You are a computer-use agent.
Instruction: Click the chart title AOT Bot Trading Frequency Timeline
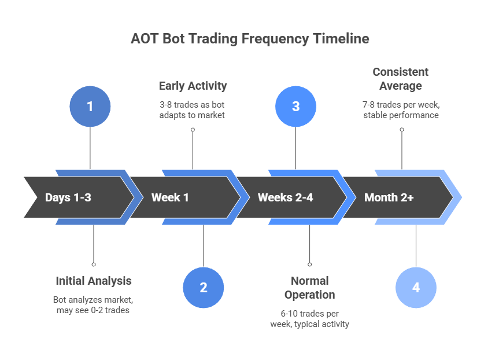pos(250,39)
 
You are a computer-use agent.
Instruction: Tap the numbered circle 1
pos(90,106)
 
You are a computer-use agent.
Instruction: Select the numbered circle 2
pos(203,288)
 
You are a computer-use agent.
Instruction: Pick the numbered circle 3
pos(295,106)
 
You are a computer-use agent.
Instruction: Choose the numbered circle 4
pos(416,288)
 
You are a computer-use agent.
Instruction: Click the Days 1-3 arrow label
pos(68,197)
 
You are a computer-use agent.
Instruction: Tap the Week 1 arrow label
pos(170,197)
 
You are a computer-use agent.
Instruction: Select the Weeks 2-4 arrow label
pos(285,197)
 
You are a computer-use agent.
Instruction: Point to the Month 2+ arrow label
pos(389,197)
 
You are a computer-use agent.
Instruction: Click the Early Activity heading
pos(193,86)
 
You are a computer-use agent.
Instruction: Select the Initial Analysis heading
pos(94,281)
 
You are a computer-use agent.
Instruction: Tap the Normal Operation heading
pos(309,288)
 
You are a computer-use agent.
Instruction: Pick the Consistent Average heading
pos(401,79)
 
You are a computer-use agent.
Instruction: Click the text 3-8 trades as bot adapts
pos(193,109)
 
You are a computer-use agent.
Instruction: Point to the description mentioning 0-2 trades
pos(94,306)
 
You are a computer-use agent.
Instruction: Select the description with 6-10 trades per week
pos(309,318)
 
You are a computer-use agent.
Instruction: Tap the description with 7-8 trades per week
pos(401,109)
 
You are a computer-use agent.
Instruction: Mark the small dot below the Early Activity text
pos(193,130)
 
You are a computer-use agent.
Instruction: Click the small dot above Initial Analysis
pos(94,264)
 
